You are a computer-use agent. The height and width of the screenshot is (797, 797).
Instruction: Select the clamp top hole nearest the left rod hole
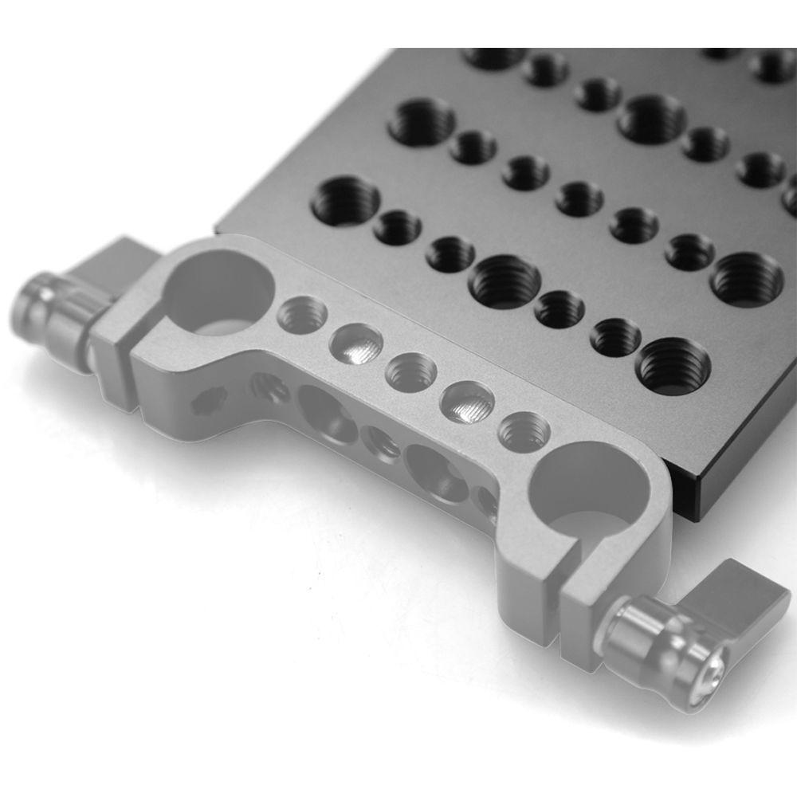[302, 314]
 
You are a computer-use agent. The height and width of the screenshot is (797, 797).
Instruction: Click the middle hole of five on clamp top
[411, 372]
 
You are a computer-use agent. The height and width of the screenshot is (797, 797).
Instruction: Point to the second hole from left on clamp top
[356, 342]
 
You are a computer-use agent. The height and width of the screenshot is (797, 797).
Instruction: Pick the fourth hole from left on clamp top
[469, 401]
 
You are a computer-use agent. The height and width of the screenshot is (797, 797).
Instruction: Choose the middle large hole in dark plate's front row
[504, 281]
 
